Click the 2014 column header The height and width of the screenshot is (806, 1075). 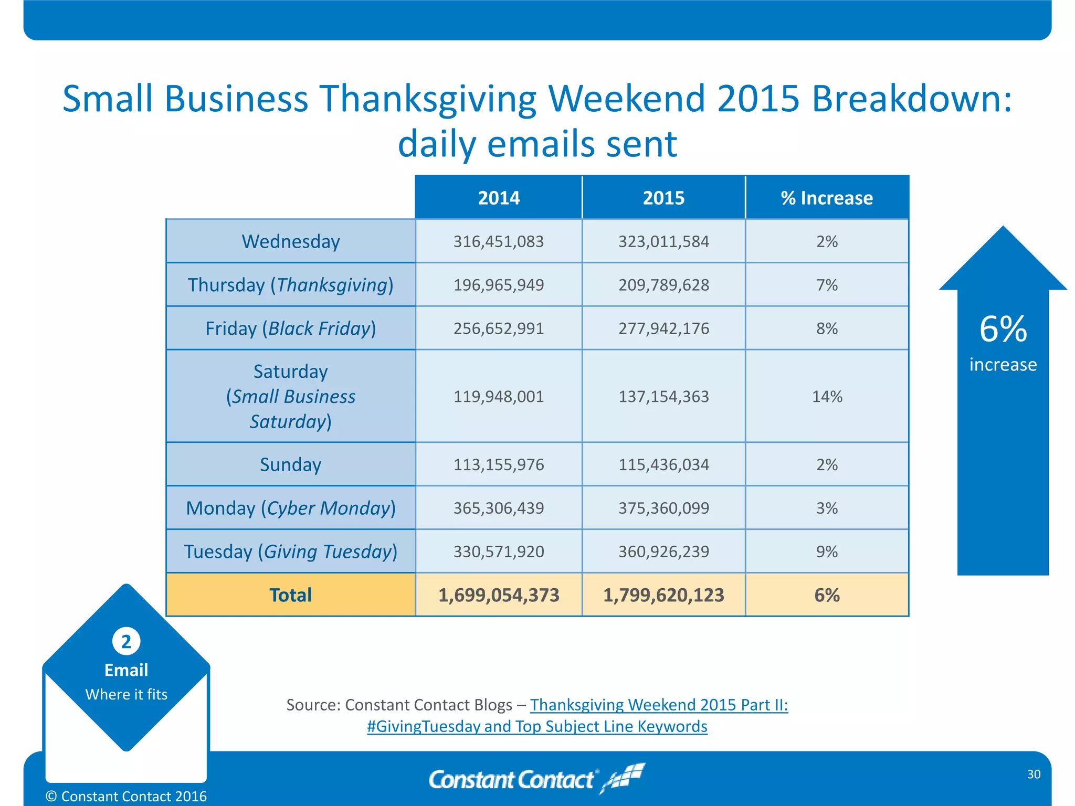pyautogui.click(x=499, y=198)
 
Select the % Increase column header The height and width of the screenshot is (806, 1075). pyautogui.click(x=827, y=198)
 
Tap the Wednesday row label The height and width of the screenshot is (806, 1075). pyautogui.click(x=290, y=241)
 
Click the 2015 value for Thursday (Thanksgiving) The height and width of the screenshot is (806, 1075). pyautogui.click(x=663, y=285)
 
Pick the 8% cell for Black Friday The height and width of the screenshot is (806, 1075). pyautogui.click(x=827, y=328)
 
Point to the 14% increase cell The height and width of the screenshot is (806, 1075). pyautogui.click(x=827, y=396)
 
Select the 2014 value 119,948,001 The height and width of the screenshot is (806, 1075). pyautogui.click(x=499, y=396)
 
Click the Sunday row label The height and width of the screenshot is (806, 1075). pyautogui.click(x=290, y=464)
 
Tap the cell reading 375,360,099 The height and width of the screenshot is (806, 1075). pyautogui.click(x=663, y=508)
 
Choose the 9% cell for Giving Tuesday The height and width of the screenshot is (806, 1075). pyautogui.click(x=827, y=552)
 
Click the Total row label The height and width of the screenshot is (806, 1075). pyautogui.click(x=290, y=595)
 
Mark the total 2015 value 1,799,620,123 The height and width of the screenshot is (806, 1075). pyautogui.click(x=663, y=595)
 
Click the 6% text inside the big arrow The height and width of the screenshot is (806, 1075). pyautogui.click(x=1003, y=330)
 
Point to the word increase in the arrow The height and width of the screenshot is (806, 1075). pyautogui.click(x=1003, y=365)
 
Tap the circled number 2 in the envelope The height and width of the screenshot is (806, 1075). pyautogui.click(x=126, y=641)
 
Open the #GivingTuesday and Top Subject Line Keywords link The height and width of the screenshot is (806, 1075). pyautogui.click(x=537, y=726)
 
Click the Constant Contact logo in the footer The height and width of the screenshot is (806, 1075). pyautogui.click(x=535, y=779)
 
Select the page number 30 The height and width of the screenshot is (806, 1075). pyautogui.click(x=1034, y=774)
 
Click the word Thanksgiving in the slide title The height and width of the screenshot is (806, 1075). pyautogui.click(x=428, y=98)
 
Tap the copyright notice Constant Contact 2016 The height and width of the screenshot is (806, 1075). pyautogui.click(x=126, y=796)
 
